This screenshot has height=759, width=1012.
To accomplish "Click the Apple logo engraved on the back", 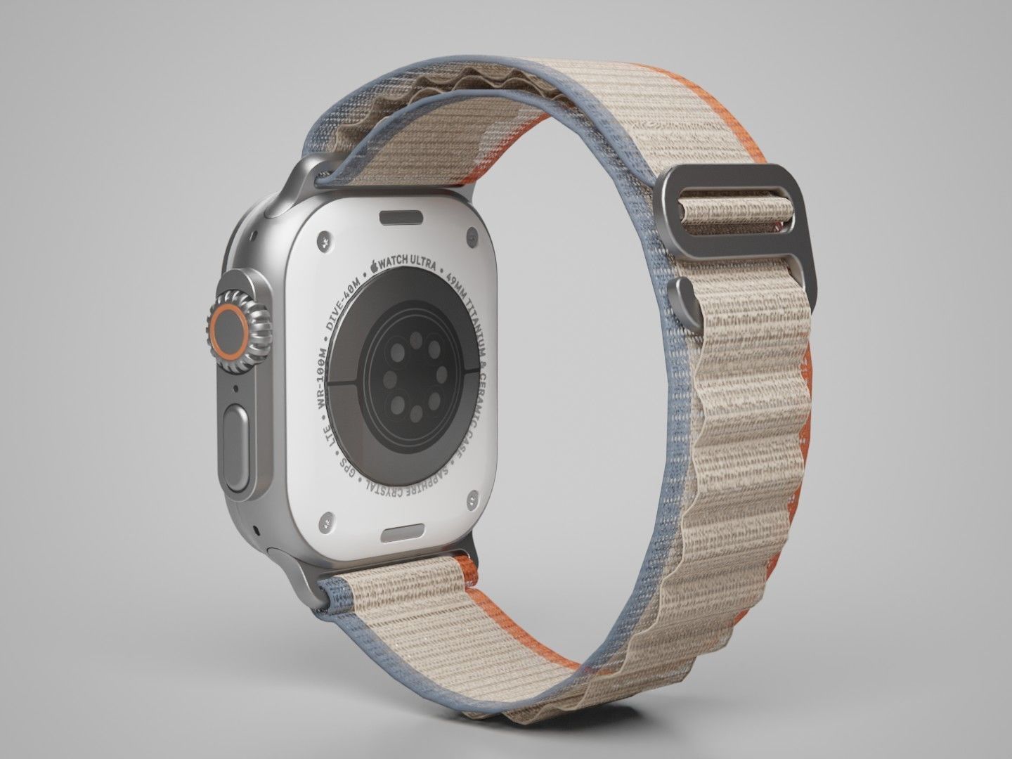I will (x=375, y=266).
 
